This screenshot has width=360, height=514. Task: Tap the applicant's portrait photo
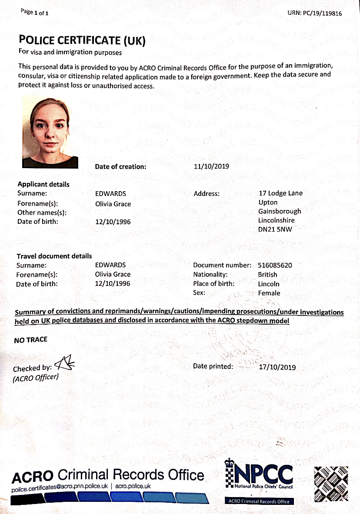pyautogui.click(x=50, y=133)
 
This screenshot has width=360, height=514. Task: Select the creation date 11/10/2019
pyautogui.click(x=211, y=166)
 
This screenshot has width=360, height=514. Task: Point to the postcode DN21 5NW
pyautogui.click(x=275, y=229)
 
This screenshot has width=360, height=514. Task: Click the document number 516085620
pyautogui.click(x=275, y=265)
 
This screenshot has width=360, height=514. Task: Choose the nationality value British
pyautogui.click(x=267, y=275)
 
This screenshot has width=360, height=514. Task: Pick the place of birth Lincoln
pyautogui.click(x=269, y=284)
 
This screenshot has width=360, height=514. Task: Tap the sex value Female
pyautogui.click(x=269, y=293)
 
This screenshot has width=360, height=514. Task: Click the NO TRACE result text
pyautogui.click(x=30, y=340)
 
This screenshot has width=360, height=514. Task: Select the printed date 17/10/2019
pyautogui.click(x=277, y=367)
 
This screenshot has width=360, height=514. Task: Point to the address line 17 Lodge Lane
pyautogui.click(x=280, y=193)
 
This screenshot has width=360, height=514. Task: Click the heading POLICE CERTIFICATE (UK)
pyautogui.click(x=82, y=40)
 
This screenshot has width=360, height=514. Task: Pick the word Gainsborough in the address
pyautogui.click(x=280, y=211)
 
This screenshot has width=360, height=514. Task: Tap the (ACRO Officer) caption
pyautogui.click(x=35, y=378)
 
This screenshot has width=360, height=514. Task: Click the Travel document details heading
pyautogui.click(x=54, y=256)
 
